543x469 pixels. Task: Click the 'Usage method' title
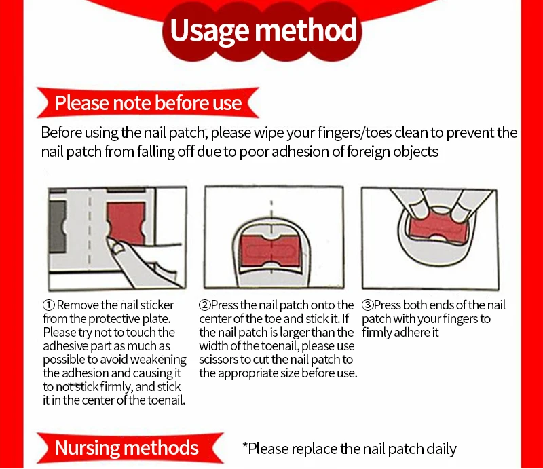(263, 31)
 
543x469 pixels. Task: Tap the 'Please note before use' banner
(148, 103)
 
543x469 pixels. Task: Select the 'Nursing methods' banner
(126, 448)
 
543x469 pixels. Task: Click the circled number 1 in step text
(49, 305)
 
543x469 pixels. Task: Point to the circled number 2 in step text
(204, 305)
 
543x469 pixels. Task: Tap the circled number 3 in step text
(367, 305)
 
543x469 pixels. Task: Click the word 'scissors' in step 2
(221, 360)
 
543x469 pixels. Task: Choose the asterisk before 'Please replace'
(246, 447)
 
